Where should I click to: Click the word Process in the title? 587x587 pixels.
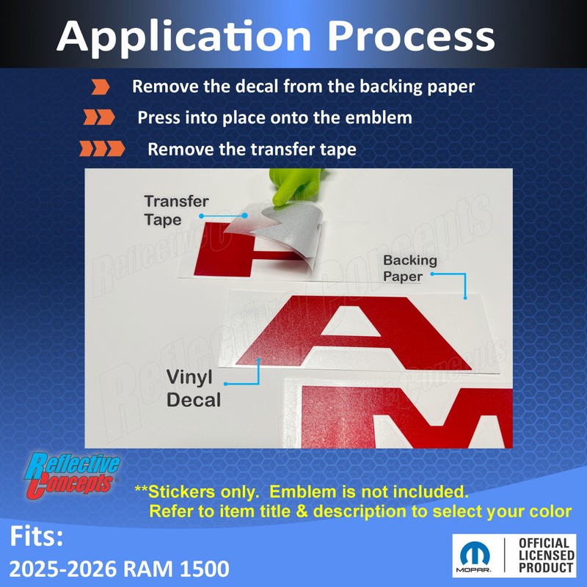coord(411,36)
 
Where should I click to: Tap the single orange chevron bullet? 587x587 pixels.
coord(101,87)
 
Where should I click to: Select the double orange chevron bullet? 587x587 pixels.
coord(99,117)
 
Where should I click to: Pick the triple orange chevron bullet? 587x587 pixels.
coord(102,149)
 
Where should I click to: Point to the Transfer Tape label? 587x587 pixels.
coord(176,211)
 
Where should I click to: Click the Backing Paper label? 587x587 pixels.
coord(410,268)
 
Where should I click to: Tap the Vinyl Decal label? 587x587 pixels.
coord(194,388)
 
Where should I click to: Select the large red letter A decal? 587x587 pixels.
coord(354,332)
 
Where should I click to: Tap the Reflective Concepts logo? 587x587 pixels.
coord(72,475)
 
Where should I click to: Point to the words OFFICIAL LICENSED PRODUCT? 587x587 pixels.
coord(546,555)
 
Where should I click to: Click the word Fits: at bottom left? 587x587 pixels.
coord(36,536)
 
